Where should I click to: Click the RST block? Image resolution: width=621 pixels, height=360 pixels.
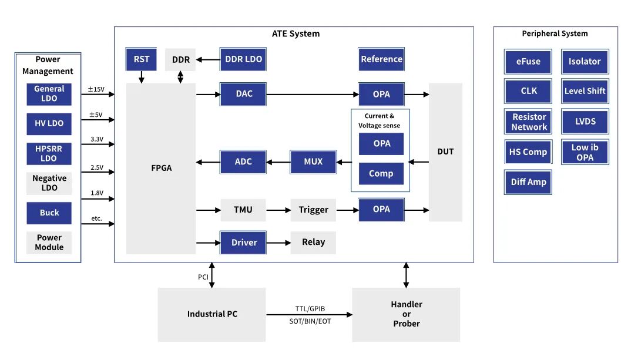pos(141,59)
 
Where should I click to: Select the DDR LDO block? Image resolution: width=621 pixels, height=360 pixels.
pos(243,59)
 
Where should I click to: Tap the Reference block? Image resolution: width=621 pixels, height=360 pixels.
pos(381,59)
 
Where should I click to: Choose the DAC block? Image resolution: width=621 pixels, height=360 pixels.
pos(243,94)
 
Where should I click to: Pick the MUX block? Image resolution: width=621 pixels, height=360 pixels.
pos(313,162)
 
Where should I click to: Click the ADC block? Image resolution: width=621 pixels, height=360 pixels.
pos(243,162)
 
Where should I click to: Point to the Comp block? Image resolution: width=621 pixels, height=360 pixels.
pos(381,173)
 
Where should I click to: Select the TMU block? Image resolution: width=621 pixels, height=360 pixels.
pos(243,210)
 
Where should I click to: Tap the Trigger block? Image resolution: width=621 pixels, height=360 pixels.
pos(313,210)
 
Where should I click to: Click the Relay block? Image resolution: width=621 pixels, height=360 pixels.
pos(313,242)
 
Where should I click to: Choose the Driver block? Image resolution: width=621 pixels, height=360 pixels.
pos(243,242)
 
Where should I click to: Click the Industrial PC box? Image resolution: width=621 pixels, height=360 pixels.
pos(212,314)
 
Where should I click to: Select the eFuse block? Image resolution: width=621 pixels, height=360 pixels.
pos(528,61)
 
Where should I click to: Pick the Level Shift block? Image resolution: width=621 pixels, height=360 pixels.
pos(585,91)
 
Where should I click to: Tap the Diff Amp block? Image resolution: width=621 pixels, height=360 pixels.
pos(528,182)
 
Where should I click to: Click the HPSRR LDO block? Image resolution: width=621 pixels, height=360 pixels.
pos(49,153)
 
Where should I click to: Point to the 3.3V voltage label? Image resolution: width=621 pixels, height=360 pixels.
pos(97,139)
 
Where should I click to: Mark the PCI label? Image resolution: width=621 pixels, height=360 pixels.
pos(203,277)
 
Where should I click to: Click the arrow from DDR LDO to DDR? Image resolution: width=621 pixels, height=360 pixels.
pos(207,59)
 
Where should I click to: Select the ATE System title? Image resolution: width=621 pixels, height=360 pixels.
pos(296,33)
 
